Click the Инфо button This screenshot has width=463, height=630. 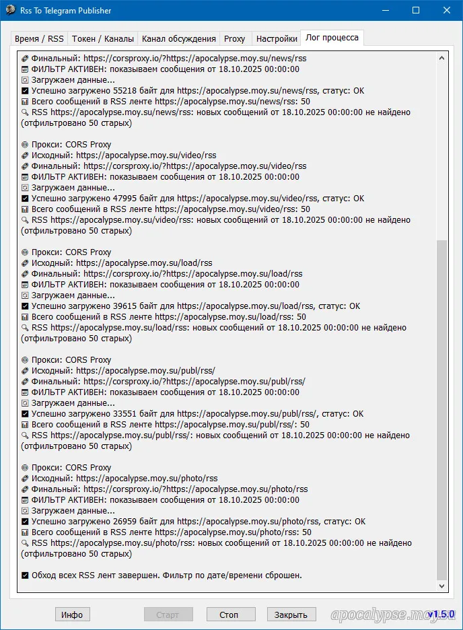72,615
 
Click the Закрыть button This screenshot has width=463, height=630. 291,615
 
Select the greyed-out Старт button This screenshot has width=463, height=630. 168,615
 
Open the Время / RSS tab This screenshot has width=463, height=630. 39,39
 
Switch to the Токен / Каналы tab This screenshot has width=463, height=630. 103,39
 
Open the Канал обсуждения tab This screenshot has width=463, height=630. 178,39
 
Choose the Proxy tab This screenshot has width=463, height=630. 235,39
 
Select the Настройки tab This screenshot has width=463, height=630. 277,39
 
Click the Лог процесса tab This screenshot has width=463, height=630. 332,38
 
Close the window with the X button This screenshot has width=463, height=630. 447,11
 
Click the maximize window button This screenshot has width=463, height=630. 416,11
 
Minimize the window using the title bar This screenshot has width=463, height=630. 385,11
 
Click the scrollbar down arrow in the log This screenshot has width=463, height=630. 441,586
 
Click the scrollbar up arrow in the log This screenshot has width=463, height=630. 441,59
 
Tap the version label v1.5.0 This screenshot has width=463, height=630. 442,615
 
